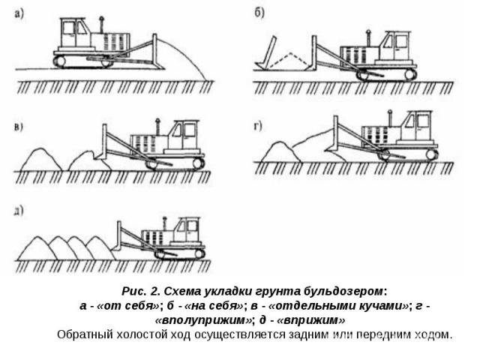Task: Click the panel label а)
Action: click(19, 14)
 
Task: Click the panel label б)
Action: click(259, 13)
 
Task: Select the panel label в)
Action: click(19, 127)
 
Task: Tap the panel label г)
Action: click(258, 126)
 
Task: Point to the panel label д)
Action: click(19, 211)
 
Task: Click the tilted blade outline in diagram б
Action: click(266, 52)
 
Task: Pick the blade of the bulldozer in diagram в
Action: click(104, 142)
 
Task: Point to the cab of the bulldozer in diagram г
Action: click(418, 126)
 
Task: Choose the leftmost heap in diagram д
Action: click(37, 249)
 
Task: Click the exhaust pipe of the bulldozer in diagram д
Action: click(165, 224)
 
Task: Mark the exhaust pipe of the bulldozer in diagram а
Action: click(100, 25)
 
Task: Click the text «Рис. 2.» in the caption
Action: click(141, 291)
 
